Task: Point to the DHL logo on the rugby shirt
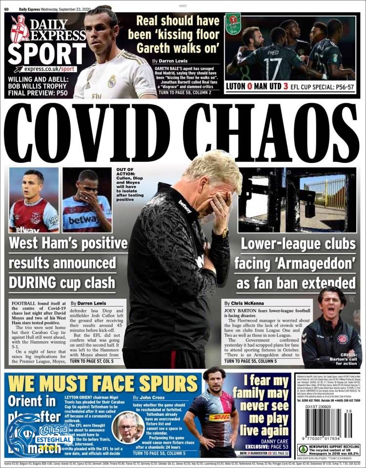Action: (219, 417)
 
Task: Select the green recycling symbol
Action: (303, 449)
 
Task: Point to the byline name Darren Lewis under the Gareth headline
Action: (172, 61)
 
